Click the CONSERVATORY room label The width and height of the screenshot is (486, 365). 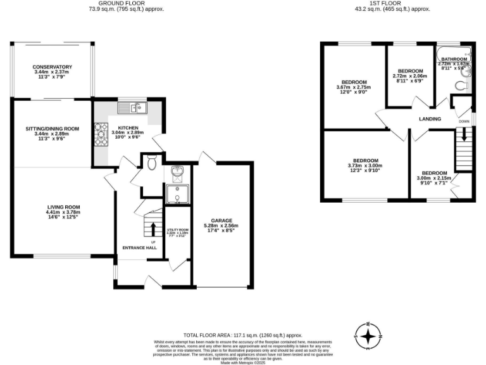[x=53, y=67]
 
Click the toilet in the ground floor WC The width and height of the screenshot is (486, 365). [x=151, y=164]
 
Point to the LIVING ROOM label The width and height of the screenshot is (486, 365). [x=63, y=207]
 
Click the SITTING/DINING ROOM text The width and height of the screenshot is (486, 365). [x=52, y=129]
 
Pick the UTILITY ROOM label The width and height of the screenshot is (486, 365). [x=178, y=229]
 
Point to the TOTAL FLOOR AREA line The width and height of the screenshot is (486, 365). [x=243, y=335]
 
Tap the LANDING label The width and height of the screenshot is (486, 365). [x=429, y=118]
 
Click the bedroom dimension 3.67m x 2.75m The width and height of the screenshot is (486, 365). [x=354, y=87]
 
